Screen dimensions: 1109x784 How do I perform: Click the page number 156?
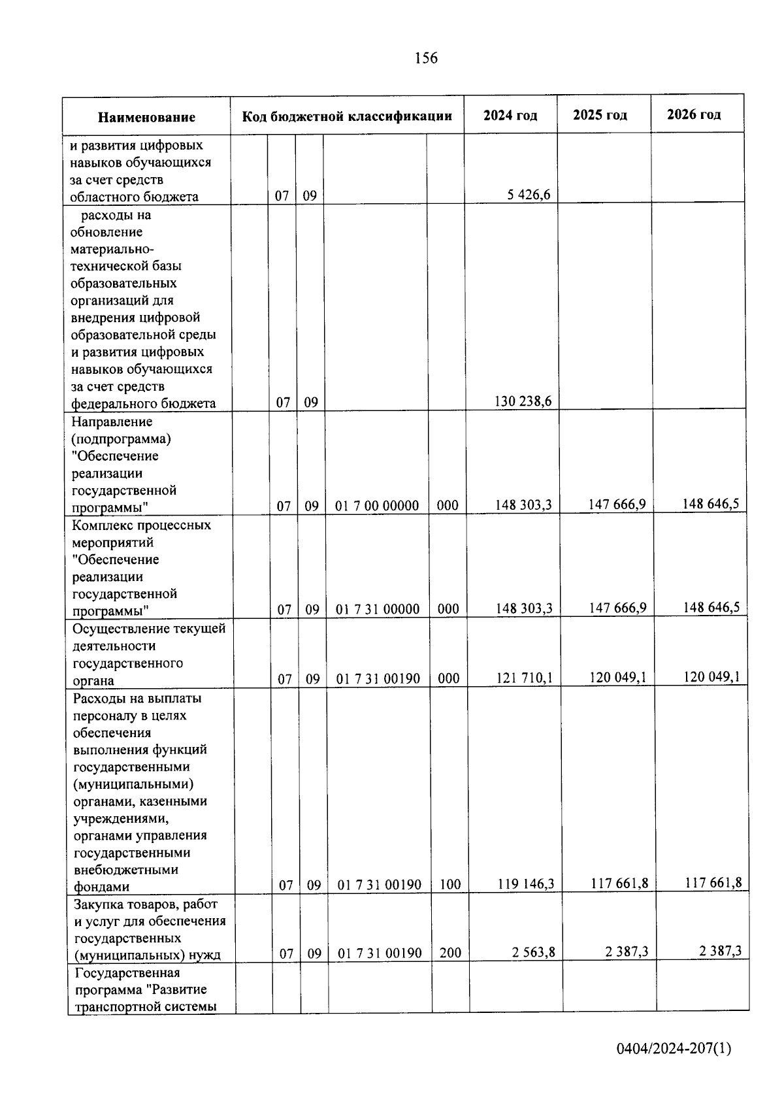(x=426, y=58)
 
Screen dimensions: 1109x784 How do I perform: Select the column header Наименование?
(x=146, y=118)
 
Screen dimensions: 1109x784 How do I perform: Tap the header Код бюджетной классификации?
(x=347, y=116)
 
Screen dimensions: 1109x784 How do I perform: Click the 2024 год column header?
(x=510, y=116)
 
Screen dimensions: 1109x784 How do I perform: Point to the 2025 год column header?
(x=600, y=115)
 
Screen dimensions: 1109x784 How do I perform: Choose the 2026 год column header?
(x=694, y=114)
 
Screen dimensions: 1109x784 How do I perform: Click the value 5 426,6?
(x=529, y=195)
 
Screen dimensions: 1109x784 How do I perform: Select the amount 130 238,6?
(x=523, y=401)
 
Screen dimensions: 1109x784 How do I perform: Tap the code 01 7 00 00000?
(x=377, y=506)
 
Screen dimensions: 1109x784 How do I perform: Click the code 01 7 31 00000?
(x=378, y=609)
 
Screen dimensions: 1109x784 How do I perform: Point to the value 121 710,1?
(x=524, y=678)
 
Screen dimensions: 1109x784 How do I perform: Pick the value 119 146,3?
(x=525, y=884)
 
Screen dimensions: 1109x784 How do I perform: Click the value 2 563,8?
(x=534, y=952)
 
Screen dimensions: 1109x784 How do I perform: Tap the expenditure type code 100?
(x=450, y=885)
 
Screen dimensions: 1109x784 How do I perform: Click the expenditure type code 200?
(x=450, y=953)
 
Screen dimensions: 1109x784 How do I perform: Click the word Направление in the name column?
(x=112, y=422)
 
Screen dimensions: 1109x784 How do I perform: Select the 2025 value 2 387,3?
(x=627, y=952)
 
